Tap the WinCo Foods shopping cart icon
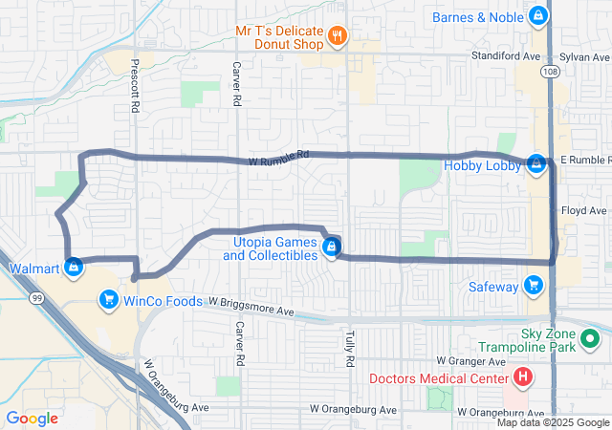pyautogui.click(x=108, y=302)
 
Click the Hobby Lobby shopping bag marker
pyautogui.click(x=536, y=165)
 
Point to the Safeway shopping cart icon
pyautogui.click(x=534, y=286)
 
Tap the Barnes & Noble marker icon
pyautogui.click(x=539, y=17)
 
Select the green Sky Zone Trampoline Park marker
pyautogui.click(x=591, y=337)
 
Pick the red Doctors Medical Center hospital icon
pyautogui.click(x=523, y=376)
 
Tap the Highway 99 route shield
pyautogui.click(x=36, y=299)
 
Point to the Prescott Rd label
pyautogui.click(x=133, y=83)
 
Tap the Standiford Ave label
pyautogui.click(x=501, y=56)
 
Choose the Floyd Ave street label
pyautogui.click(x=584, y=210)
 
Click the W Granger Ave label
pyautogui.click(x=469, y=361)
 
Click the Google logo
pyautogui.click(x=33, y=418)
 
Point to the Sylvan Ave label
pyautogui.click(x=583, y=56)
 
